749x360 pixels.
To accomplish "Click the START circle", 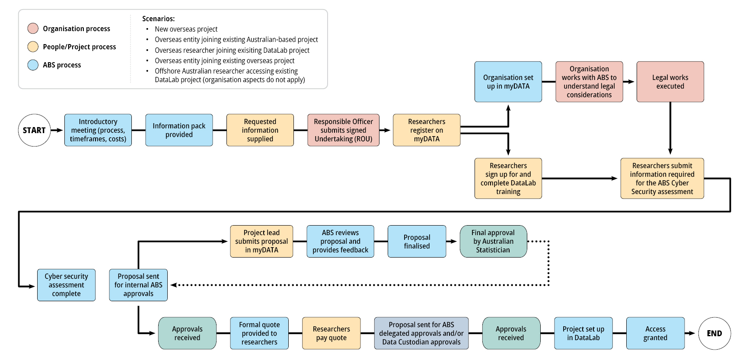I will [x=34, y=130].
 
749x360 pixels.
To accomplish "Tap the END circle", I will [x=714, y=333].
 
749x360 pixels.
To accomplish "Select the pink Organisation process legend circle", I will [x=33, y=29].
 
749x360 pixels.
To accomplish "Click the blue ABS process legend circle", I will [x=33, y=65].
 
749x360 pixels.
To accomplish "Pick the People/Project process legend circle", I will [x=33, y=47].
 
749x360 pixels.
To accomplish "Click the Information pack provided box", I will [x=179, y=130].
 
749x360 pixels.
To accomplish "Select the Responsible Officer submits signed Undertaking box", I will [x=343, y=130].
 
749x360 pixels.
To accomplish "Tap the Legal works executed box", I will [x=670, y=82].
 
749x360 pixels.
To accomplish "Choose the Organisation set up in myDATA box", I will [x=508, y=82].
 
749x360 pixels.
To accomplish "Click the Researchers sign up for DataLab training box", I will [x=508, y=178].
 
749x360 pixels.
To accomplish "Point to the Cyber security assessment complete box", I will [x=66, y=285].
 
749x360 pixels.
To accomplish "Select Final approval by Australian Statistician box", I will [x=493, y=241].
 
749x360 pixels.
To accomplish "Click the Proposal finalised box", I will [x=417, y=241].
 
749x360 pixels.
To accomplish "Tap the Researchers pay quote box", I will [x=331, y=333].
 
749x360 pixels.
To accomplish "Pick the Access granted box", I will [x=655, y=333].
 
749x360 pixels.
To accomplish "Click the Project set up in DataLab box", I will [x=583, y=333].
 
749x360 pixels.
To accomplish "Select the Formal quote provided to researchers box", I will [x=259, y=333].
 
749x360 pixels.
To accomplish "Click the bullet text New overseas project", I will [x=186, y=29].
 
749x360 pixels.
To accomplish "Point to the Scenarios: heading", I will [x=158, y=19].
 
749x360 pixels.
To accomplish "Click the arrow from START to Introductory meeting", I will [x=57, y=130].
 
